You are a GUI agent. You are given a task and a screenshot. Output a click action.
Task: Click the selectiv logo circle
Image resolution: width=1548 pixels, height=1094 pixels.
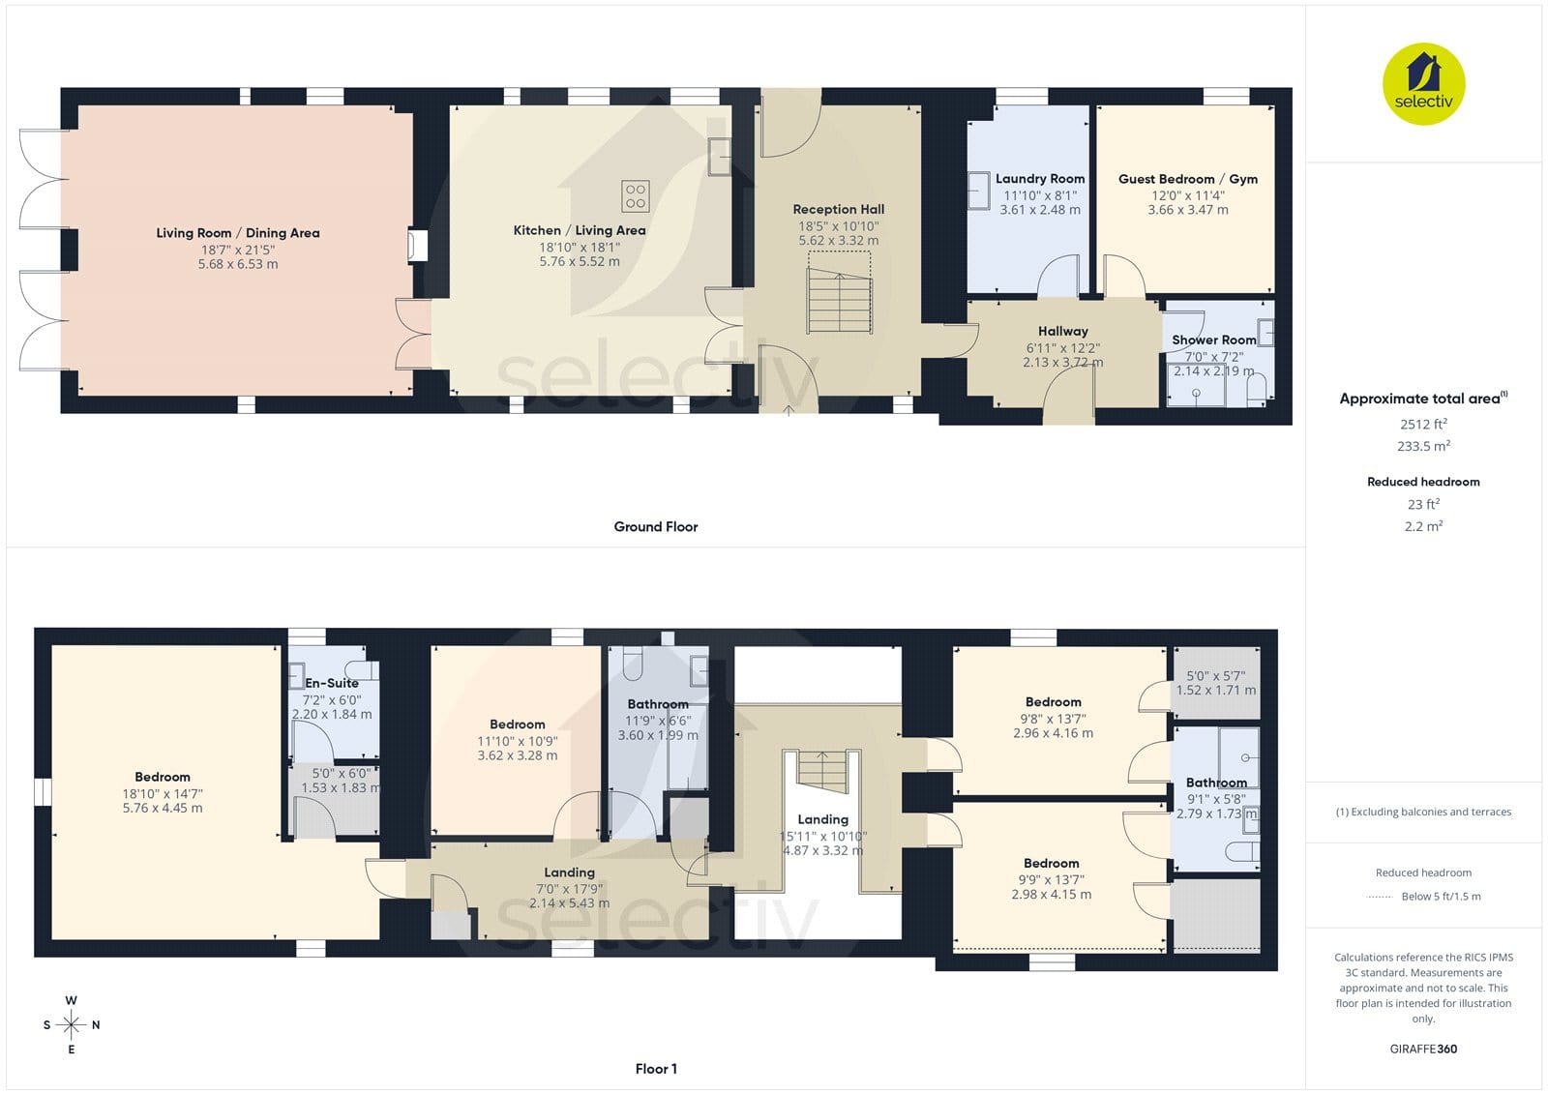click(x=1423, y=83)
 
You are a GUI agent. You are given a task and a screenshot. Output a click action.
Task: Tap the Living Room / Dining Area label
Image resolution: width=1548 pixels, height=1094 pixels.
click(x=238, y=233)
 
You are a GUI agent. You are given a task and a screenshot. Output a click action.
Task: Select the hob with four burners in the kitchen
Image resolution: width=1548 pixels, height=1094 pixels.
click(x=635, y=195)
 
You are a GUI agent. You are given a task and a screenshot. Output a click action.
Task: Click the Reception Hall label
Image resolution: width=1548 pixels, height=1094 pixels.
click(x=838, y=209)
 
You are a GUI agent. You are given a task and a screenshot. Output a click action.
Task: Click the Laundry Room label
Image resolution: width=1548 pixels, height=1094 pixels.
click(x=1040, y=178)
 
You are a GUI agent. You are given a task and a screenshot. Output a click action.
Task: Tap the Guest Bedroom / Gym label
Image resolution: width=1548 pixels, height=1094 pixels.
click(x=1188, y=179)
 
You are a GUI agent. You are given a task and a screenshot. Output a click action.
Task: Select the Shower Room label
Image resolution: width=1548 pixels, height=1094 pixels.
click(x=1213, y=340)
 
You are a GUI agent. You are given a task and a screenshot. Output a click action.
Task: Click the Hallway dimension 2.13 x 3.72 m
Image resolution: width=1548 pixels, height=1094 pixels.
click(x=1063, y=362)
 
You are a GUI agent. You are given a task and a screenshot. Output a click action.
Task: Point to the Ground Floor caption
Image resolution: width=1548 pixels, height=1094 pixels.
click(x=656, y=526)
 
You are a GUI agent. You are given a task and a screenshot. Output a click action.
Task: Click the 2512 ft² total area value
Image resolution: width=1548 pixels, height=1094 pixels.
click(x=1423, y=424)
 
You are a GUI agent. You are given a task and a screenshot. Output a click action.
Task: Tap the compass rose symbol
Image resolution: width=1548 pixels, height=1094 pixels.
click(x=72, y=1025)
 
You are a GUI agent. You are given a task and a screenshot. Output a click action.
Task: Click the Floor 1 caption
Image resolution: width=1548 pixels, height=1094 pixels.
click(x=656, y=1069)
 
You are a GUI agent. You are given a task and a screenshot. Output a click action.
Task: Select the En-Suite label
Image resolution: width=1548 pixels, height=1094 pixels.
click(x=332, y=683)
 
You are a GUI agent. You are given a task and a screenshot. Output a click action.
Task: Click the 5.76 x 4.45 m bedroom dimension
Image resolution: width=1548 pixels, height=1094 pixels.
click(x=163, y=808)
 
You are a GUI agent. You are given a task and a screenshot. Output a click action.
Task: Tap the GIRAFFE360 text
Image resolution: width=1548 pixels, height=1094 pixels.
click(x=1423, y=1049)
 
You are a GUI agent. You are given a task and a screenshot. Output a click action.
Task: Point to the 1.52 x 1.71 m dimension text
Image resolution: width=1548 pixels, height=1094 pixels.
click(x=1216, y=690)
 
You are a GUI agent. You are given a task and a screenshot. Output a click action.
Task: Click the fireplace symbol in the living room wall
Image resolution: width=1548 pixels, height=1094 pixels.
click(x=417, y=246)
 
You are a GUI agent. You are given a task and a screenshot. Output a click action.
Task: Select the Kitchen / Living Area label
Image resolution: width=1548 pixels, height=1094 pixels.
click(x=580, y=230)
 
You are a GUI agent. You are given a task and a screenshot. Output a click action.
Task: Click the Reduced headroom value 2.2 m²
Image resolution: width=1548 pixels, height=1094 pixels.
click(x=1423, y=526)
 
